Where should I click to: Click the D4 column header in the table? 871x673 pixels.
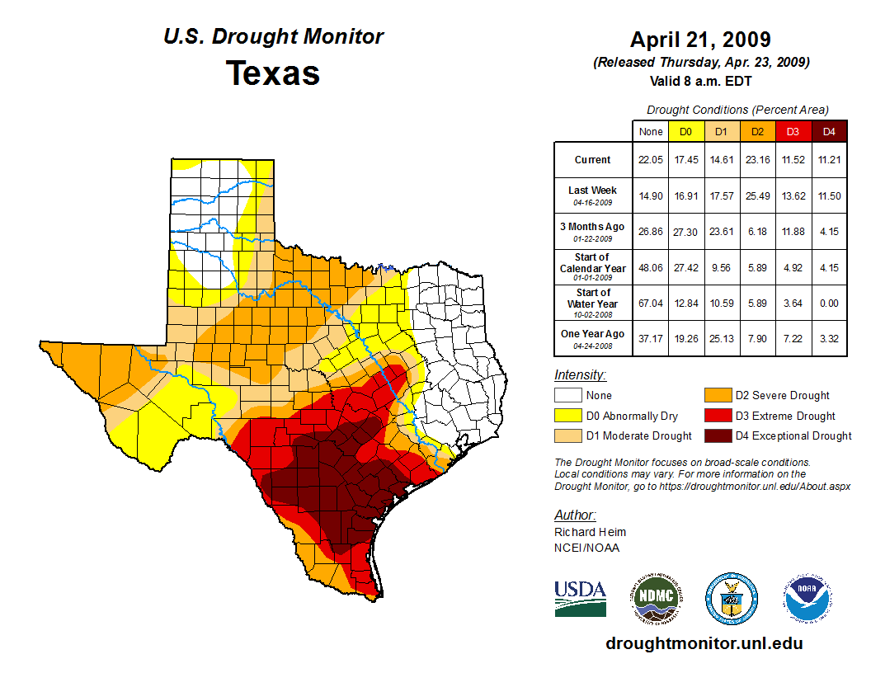coord(829,131)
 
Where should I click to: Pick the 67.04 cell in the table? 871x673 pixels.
coord(651,303)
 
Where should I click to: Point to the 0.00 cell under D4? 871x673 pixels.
coord(829,303)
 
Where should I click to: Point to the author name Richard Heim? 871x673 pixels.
coord(590,532)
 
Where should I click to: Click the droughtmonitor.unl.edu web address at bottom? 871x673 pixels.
coord(704,643)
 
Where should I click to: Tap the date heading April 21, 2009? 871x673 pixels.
coord(700,40)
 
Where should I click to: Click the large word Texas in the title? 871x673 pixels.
coord(273,73)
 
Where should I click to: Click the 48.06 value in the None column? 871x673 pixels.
coord(651,267)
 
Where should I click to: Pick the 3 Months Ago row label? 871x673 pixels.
coord(593,230)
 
